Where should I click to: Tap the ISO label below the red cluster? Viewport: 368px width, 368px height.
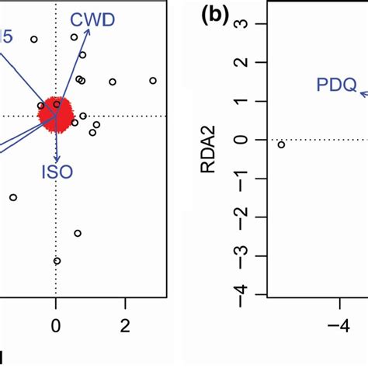(x=57, y=172)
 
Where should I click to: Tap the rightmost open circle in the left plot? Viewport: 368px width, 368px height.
(x=153, y=80)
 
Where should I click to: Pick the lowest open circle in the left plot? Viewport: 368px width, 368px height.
(x=57, y=260)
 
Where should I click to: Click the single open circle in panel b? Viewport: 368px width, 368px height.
(x=281, y=144)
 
